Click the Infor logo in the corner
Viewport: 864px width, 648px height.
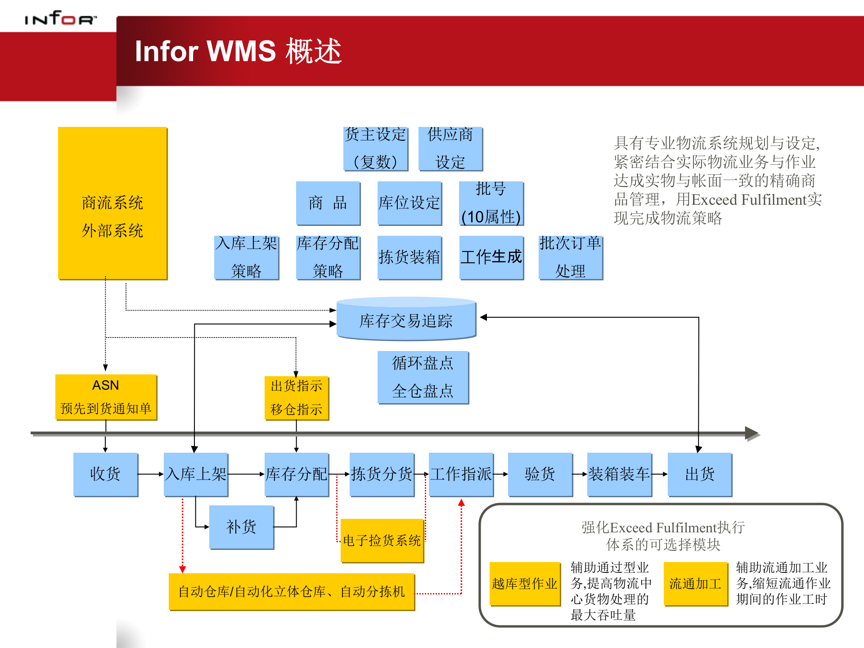(60, 18)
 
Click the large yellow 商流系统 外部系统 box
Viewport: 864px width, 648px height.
(112, 203)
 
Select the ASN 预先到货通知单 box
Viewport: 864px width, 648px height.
(106, 397)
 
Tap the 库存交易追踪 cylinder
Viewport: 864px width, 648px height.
(406, 319)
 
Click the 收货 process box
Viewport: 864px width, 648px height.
(106, 474)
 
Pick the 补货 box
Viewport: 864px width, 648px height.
(242, 527)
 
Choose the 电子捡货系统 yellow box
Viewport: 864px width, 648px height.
(382, 540)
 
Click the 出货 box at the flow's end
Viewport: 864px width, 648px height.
(700, 474)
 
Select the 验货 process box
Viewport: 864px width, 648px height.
(540, 474)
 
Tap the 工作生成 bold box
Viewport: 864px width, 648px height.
(491, 257)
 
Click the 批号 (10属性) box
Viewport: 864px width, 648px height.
(491, 203)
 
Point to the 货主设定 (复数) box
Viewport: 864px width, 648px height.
(376, 148)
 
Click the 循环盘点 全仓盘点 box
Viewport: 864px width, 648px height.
(423, 377)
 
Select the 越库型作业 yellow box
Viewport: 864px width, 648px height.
(525, 584)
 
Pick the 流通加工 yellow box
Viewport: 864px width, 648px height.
(696, 584)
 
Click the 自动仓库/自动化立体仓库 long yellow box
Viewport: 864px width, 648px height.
(292, 592)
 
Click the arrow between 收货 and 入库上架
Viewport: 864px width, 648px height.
(150, 474)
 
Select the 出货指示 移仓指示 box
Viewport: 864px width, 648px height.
(297, 398)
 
